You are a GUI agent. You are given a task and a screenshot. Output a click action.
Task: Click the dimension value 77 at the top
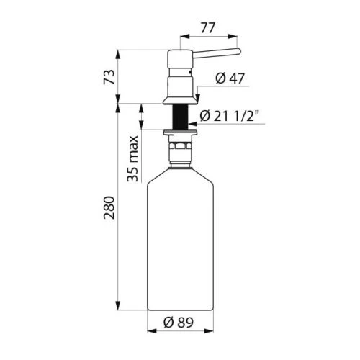click(x=208, y=28)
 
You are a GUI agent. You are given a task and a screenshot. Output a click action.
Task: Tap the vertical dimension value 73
click(x=109, y=77)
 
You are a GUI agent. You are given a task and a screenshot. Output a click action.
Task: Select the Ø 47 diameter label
click(x=230, y=78)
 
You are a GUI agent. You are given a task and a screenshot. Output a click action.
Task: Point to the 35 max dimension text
click(x=132, y=158)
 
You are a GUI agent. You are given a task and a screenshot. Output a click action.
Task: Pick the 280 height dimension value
click(x=109, y=207)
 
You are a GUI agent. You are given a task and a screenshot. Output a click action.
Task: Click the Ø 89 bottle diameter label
click(x=179, y=323)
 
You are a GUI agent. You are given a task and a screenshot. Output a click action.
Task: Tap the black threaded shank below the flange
click(x=180, y=117)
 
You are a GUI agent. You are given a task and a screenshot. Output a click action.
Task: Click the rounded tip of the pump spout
click(x=238, y=51)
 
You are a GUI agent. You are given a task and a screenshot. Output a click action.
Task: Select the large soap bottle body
click(x=180, y=239)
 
